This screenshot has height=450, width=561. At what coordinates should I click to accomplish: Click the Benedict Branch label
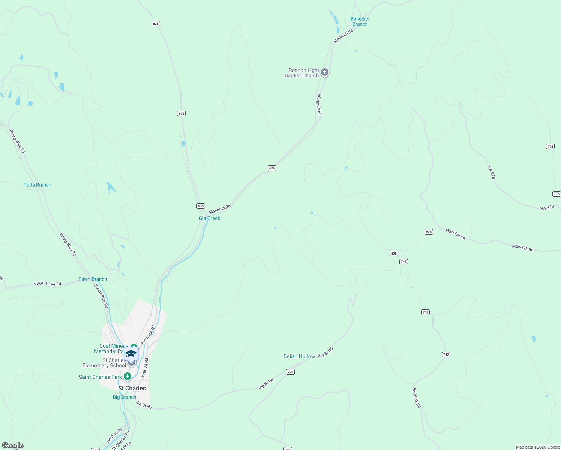(x=360, y=21)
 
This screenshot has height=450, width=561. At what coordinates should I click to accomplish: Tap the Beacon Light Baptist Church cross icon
(x=325, y=72)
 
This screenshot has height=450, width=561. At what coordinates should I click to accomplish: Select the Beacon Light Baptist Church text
(x=302, y=73)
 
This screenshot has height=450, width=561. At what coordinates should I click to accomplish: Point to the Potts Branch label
(x=37, y=185)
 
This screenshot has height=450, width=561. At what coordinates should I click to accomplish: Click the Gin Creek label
(x=210, y=218)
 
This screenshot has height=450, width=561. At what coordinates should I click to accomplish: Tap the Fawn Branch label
(x=93, y=279)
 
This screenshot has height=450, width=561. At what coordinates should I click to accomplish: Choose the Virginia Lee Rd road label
(x=47, y=283)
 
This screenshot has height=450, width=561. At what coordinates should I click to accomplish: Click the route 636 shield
(x=272, y=168)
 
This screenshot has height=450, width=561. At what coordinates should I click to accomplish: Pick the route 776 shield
(x=550, y=147)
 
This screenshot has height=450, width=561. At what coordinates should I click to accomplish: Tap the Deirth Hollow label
(x=299, y=356)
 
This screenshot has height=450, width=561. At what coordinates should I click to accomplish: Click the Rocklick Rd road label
(x=417, y=397)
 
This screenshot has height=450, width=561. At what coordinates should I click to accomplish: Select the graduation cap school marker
(x=131, y=354)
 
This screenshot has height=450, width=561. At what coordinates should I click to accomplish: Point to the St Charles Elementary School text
(x=104, y=363)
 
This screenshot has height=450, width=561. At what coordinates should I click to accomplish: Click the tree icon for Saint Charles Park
(x=127, y=376)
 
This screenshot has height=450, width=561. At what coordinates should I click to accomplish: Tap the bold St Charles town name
(x=132, y=388)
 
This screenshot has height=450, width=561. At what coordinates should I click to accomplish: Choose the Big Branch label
(x=124, y=397)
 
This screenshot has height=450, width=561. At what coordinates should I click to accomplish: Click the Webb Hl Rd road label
(x=144, y=368)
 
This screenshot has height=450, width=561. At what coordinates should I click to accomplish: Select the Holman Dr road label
(x=114, y=435)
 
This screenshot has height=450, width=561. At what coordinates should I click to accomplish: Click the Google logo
(x=13, y=445)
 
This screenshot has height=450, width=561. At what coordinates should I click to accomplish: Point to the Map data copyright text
(x=538, y=447)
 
